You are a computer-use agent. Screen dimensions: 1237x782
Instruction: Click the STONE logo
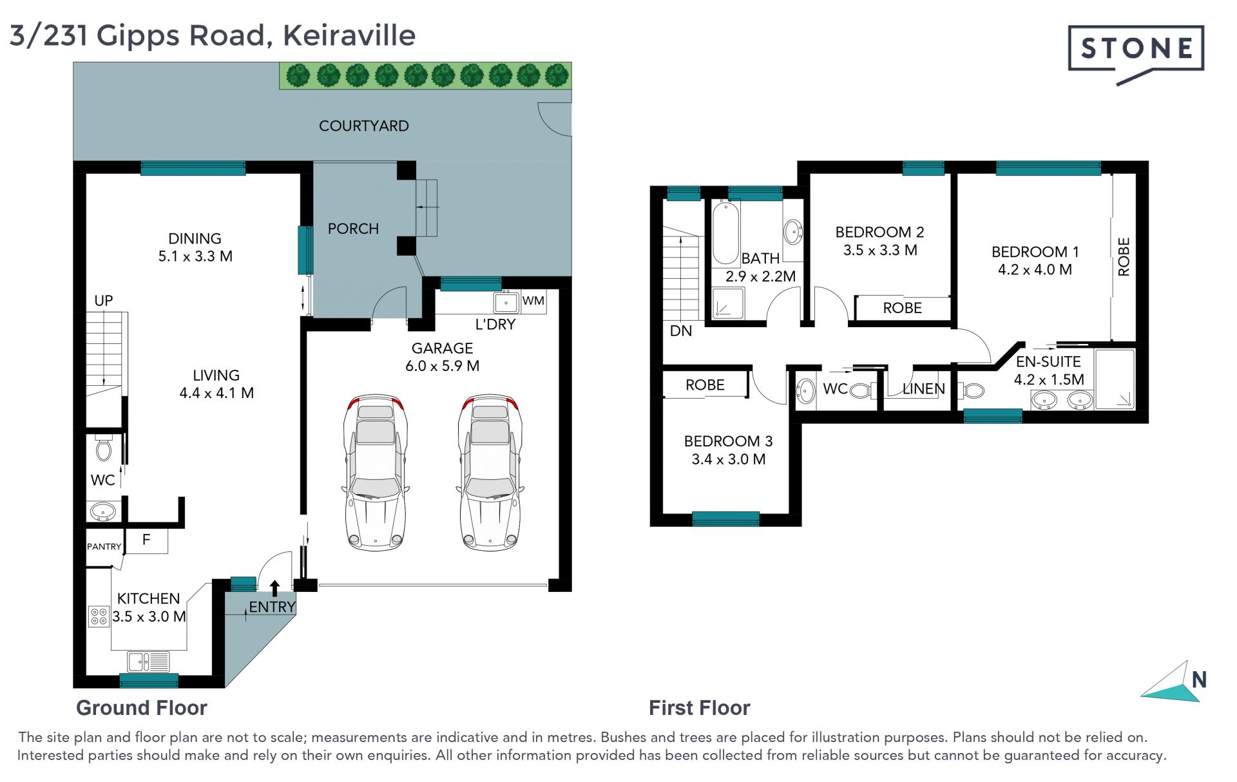1136,53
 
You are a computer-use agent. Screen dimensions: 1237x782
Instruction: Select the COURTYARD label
363,126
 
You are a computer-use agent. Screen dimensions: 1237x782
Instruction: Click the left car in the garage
375,472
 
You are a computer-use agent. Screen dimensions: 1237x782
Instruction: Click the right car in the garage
490,472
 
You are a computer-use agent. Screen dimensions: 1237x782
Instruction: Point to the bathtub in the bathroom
725,233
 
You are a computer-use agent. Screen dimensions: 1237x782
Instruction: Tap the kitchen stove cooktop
99,616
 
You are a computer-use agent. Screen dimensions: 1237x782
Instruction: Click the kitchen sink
148,662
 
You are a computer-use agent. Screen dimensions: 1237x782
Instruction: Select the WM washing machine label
533,301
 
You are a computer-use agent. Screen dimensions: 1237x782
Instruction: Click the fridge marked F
146,540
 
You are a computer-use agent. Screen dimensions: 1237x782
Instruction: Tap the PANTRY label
104,546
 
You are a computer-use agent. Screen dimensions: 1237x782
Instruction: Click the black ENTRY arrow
274,588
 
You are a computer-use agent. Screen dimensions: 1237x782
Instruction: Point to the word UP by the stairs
103,301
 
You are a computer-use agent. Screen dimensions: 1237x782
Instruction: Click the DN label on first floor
681,331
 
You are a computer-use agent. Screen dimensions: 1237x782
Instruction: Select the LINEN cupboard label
923,388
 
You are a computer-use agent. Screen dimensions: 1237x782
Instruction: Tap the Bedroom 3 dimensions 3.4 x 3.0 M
729,459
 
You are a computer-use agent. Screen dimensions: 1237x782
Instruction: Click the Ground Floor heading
142,708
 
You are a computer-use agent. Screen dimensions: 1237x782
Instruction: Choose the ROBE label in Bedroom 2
902,308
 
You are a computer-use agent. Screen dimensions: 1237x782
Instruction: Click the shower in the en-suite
1114,379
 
